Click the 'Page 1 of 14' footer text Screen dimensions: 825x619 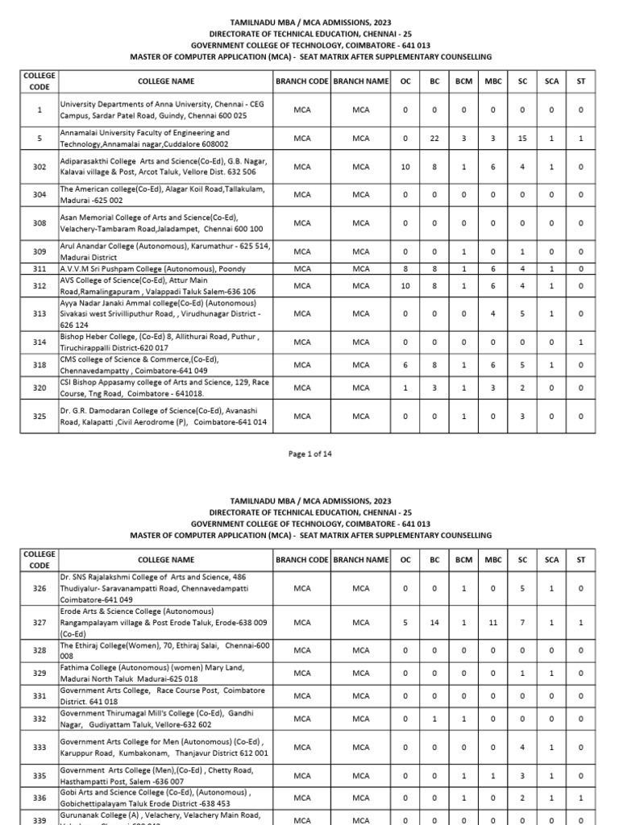tap(309, 454)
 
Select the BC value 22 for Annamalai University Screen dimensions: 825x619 tap(434, 139)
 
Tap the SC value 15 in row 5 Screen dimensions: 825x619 tap(522, 139)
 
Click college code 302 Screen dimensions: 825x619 tap(39, 167)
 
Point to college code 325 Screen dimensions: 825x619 tap(39, 417)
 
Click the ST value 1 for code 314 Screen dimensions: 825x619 tap(581, 342)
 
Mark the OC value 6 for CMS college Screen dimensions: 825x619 tap(405, 365)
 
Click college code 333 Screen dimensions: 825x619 tap(39, 748)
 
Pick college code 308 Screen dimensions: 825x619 tap(39, 222)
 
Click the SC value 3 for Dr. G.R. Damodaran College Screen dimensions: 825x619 tap(522, 417)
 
